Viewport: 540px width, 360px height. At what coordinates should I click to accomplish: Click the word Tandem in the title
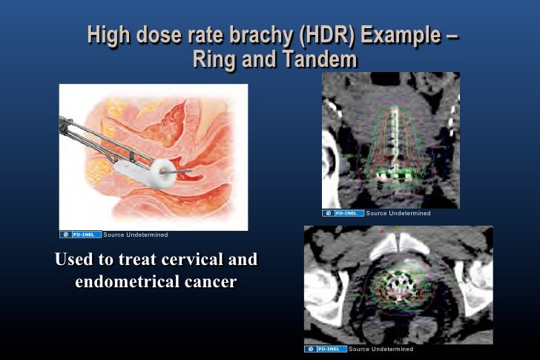[317, 59]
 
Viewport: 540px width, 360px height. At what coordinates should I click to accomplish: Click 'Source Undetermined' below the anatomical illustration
[136, 235]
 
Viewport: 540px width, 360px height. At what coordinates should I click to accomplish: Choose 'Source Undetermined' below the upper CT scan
[398, 213]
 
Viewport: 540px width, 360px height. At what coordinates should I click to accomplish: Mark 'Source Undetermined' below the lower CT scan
[381, 349]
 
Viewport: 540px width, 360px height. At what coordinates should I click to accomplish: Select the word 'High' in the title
[108, 35]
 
